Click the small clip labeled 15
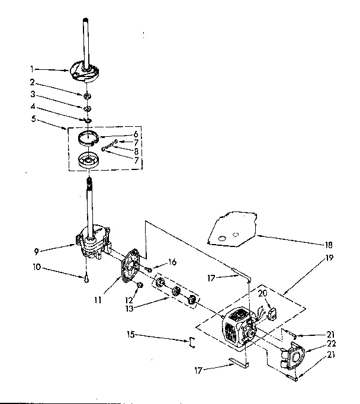click(191, 342)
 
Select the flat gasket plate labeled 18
click(232, 230)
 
